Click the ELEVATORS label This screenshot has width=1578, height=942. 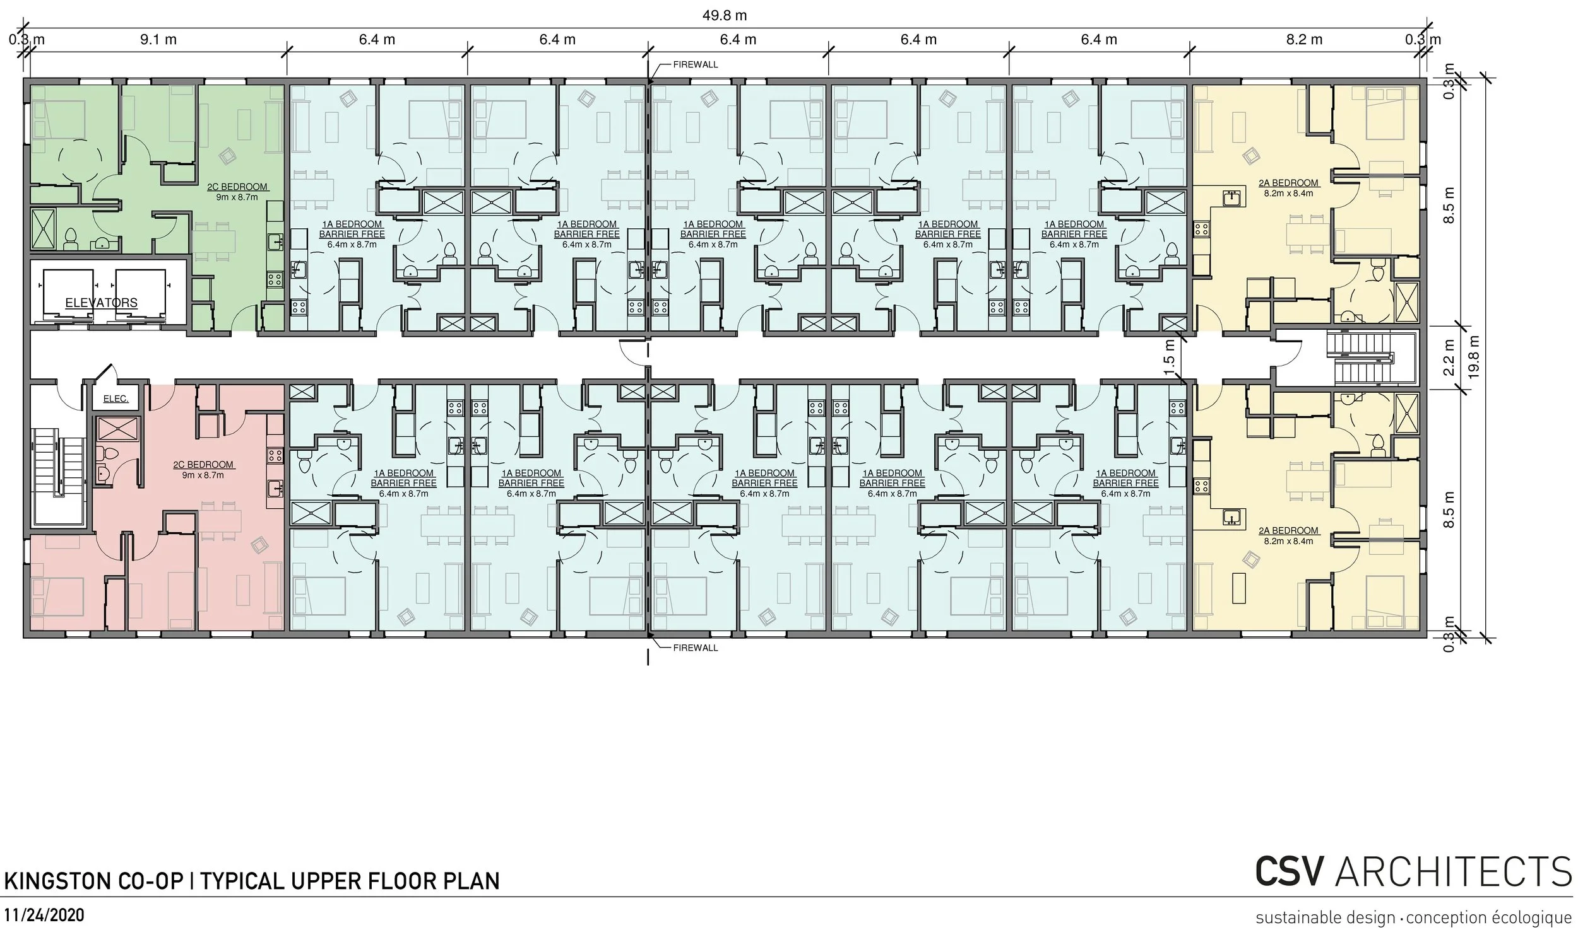(x=102, y=303)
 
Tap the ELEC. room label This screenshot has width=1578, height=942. (x=116, y=398)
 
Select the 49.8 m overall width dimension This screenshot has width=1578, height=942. (x=724, y=15)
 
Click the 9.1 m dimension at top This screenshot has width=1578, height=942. (x=158, y=39)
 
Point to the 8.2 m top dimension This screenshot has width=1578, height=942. (x=1304, y=39)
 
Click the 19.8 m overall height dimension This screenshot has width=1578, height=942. (x=1474, y=358)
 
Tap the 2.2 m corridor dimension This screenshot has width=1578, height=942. (x=1449, y=358)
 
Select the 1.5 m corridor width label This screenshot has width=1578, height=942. (x=1170, y=358)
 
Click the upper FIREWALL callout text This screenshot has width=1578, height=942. (x=696, y=65)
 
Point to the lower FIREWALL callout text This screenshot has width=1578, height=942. (x=696, y=648)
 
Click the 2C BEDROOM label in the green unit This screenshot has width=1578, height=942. (x=237, y=187)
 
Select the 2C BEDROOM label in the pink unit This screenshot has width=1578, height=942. (x=203, y=465)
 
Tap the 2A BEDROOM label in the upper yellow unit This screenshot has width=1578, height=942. (x=1288, y=183)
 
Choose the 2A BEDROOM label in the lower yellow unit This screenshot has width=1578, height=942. (x=1288, y=531)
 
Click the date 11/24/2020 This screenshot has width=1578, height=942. (x=44, y=916)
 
